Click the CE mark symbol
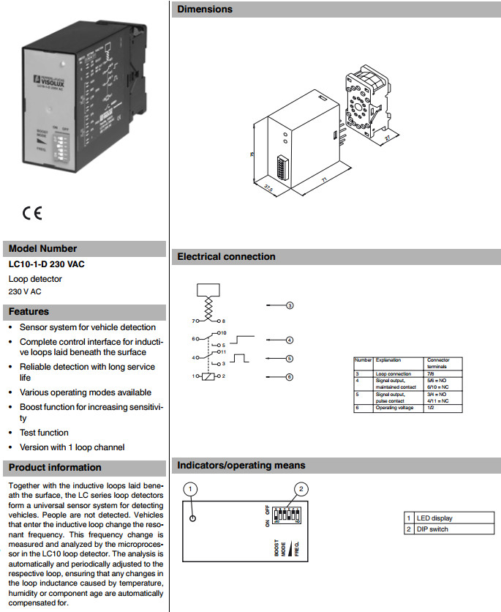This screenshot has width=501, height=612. (x=31, y=213)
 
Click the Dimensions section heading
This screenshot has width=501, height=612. (x=205, y=10)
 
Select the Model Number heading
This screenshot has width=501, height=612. (x=42, y=248)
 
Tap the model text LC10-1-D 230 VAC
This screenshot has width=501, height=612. (x=46, y=264)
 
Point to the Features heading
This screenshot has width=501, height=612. (x=29, y=311)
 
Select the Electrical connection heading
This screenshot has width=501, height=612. (x=226, y=257)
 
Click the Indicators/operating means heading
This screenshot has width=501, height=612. (x=241, y=466)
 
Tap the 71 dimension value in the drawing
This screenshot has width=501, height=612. (x=323, y=179)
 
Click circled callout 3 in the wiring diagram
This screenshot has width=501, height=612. (x=290, y=305)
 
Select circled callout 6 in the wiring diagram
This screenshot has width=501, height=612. (x=290, y=376)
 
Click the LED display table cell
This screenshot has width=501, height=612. (x=434, y=518)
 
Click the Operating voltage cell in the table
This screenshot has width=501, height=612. (x=396, y=408)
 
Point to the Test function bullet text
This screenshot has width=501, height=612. (x=44, y=433)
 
